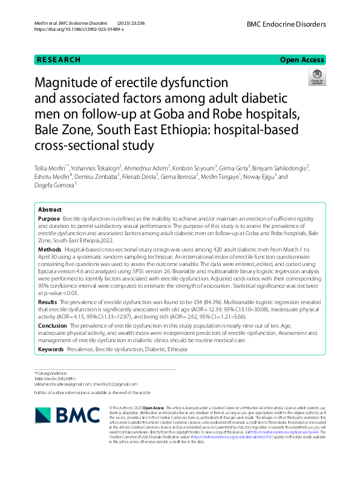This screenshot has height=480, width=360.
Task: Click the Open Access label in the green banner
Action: [302, 60]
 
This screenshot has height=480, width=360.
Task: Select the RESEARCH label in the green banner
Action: [59, 60]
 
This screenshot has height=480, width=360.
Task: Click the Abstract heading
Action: [50, 209]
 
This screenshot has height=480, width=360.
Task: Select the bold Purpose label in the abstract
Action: [49, 218]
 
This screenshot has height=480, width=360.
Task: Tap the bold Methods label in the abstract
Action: [50, 249]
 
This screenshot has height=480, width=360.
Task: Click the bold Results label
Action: [48, 301]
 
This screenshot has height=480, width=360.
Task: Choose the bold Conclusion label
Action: [53, 325]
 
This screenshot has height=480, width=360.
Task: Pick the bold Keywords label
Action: [51, 349]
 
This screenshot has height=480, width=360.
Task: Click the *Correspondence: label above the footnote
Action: [51, 373]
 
